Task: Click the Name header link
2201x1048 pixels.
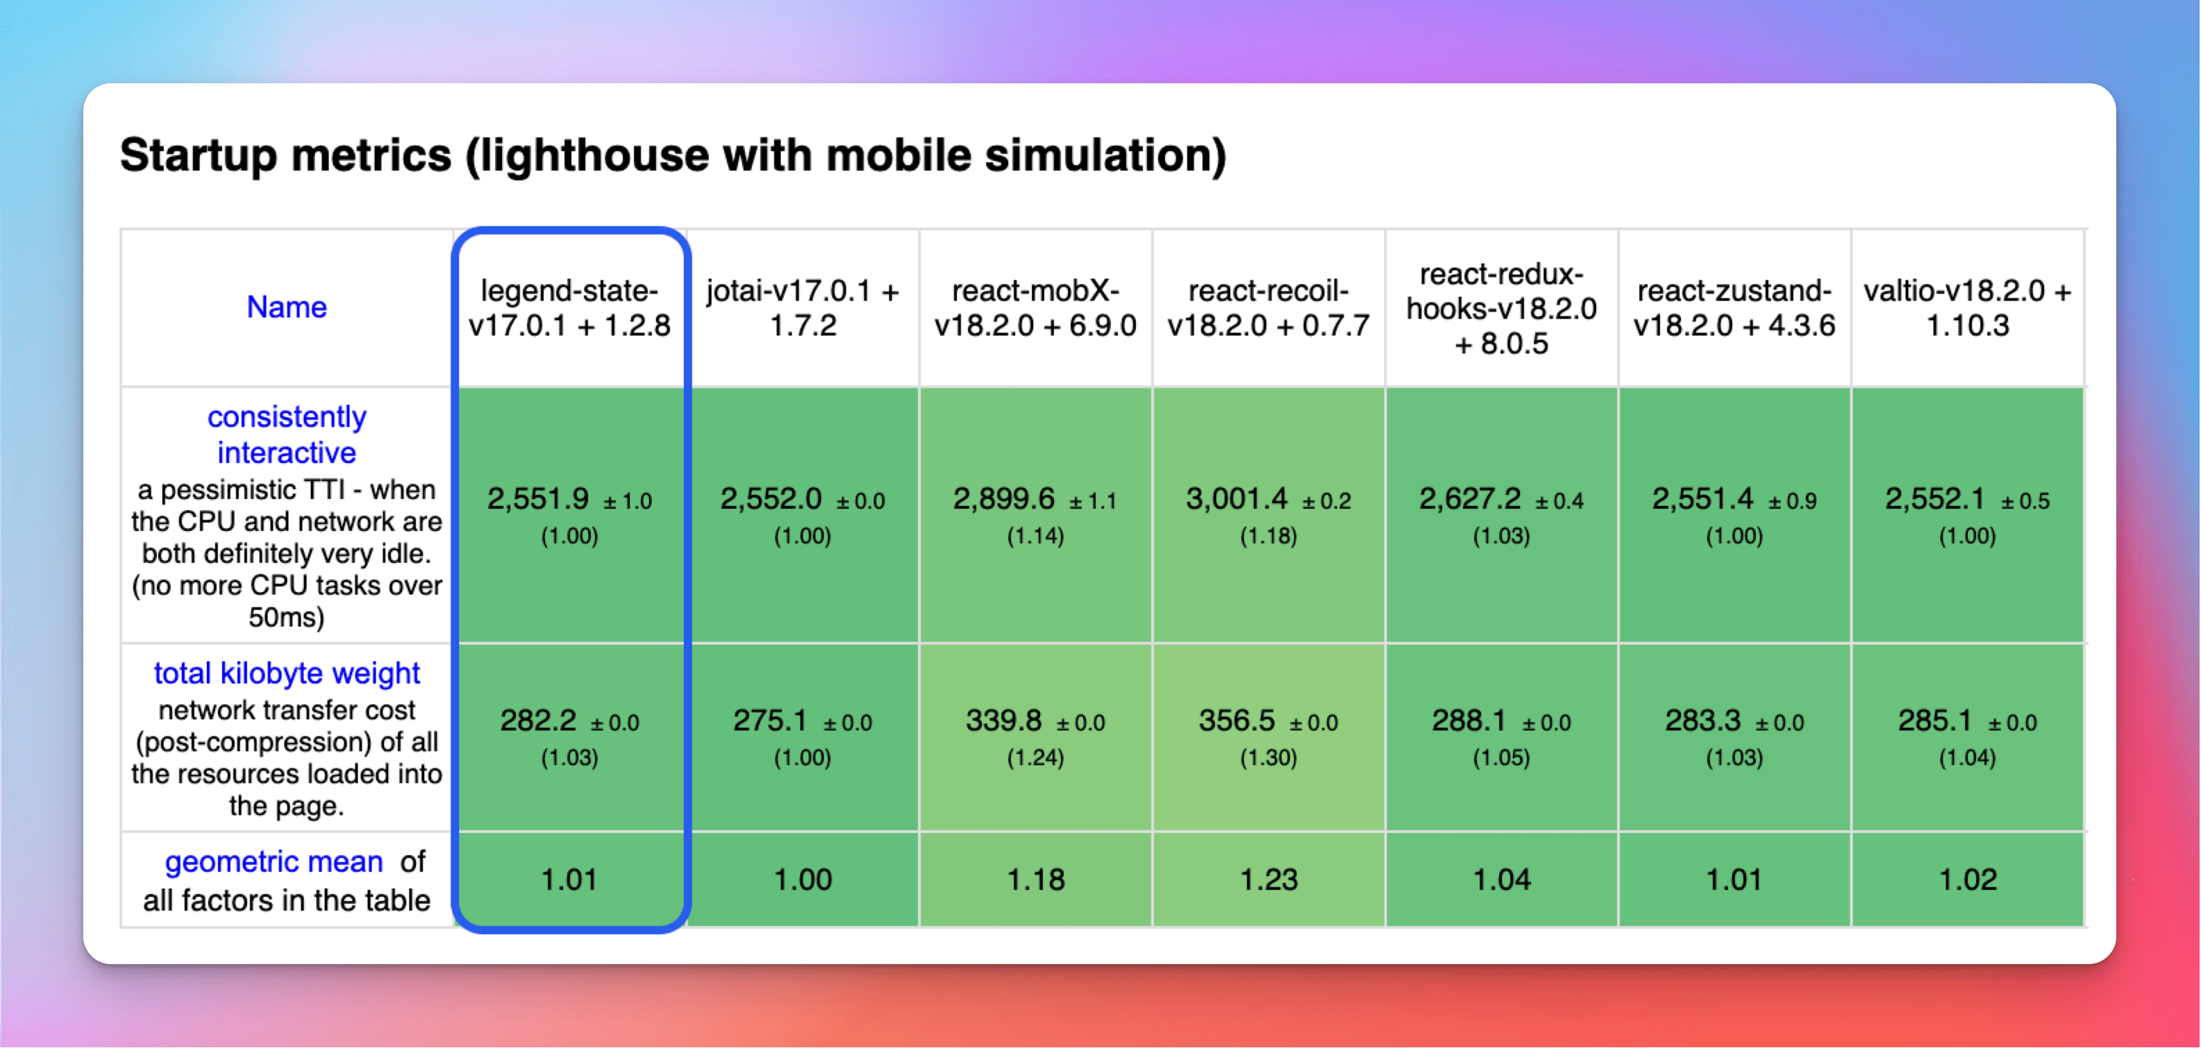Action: coord(286,307)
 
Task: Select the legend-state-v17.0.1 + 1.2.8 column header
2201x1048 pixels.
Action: coord(569,307)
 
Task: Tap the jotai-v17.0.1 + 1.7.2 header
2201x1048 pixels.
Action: coord(803,307)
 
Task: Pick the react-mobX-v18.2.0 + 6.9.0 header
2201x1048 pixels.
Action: coord(1035,307)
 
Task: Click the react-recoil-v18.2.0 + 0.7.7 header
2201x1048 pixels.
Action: coord(1268,307)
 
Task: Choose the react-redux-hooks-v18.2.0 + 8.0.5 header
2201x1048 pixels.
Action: coord(1501,308)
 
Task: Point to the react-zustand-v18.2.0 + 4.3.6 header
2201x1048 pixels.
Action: coord(1734,307)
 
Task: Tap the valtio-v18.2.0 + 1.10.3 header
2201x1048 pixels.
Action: coord(1967,307)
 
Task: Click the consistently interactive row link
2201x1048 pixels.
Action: coord(286,434)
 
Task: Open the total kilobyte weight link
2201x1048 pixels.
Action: coord(286,673)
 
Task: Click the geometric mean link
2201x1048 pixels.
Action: coord(274,862)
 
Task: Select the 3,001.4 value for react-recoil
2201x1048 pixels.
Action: coord(1237,498)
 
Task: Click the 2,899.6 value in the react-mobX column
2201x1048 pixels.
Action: coord(1004,498)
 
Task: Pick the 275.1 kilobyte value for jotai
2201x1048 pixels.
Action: coord(770,720)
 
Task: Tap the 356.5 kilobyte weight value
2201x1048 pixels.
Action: coord(1237,720)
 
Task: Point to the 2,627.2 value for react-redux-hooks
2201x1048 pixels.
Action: coord(1470,498)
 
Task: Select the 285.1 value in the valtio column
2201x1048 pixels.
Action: coord(1935,720)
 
